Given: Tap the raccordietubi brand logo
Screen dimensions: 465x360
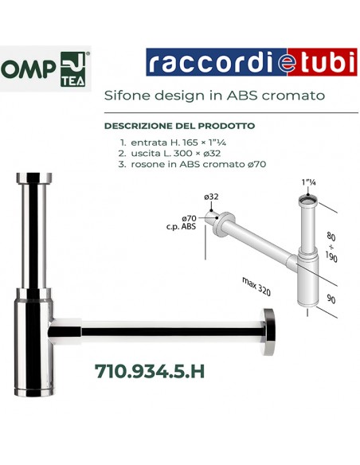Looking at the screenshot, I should pos(250,63).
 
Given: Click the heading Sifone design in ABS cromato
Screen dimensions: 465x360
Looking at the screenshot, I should pos(214,96).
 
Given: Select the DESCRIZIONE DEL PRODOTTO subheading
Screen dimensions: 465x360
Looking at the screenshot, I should pos(179,126).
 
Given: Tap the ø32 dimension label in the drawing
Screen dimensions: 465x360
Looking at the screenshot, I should pos(211,197).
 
